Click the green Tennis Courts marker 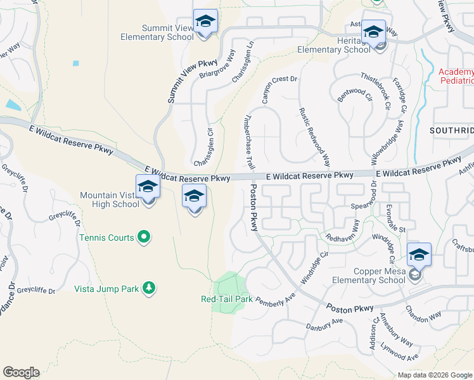click(144, 237)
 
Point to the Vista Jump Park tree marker click(149, 289)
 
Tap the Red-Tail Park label click(226, 299)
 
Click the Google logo click(21, 372)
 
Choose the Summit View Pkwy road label click(193, 81)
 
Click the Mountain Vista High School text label click(110, 199)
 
